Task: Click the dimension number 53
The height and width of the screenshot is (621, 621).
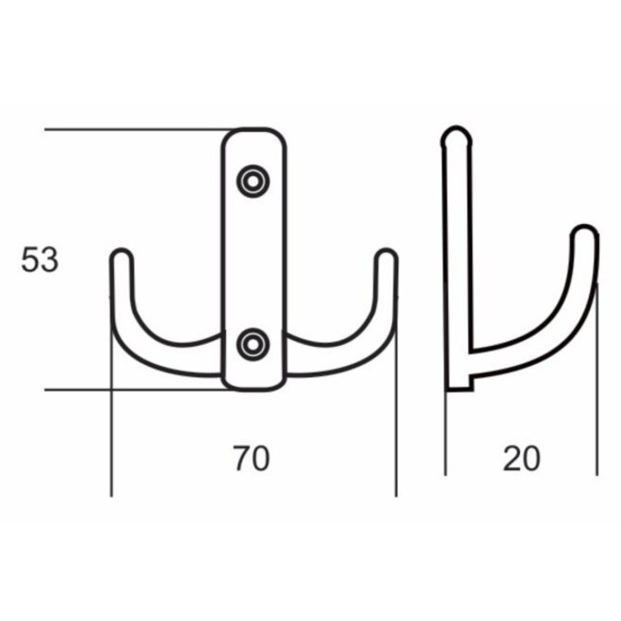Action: [40, 260]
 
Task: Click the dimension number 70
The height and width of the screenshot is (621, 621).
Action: [251, 459]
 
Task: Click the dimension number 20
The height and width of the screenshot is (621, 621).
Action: [522, 459]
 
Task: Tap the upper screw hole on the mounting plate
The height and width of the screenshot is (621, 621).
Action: [254, 181]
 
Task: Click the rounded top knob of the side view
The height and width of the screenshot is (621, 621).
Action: [456, 138]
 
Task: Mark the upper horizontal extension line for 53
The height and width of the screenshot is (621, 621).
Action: [129, 129]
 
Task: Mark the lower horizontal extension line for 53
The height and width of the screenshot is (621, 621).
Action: [129, 389]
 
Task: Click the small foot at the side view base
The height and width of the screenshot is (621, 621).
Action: [460, 382]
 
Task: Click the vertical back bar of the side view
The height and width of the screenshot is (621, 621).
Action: [455, 259]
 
